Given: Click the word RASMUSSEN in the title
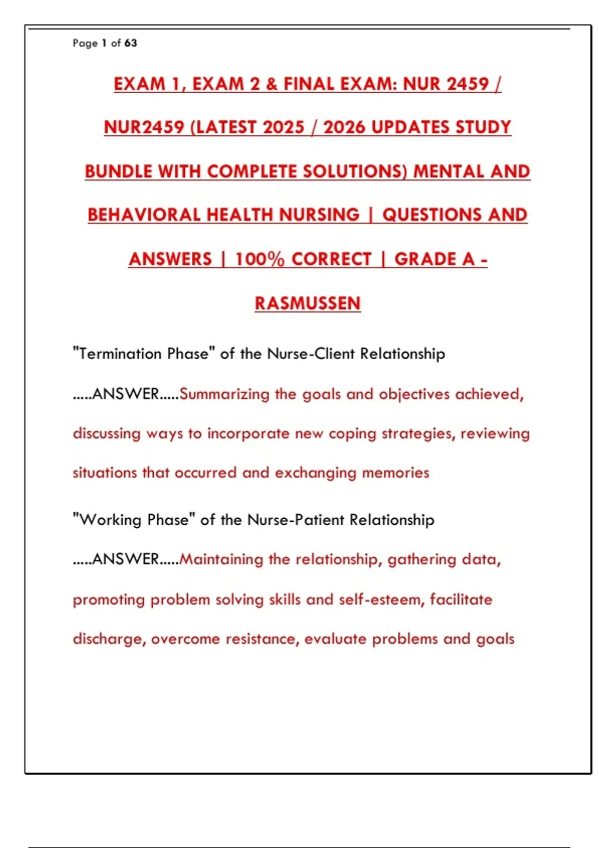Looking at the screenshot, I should point(307,303).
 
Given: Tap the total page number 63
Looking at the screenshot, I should point(131,43).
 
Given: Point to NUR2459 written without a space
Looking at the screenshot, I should point(144,127).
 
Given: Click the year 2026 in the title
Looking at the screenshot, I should point(345,127).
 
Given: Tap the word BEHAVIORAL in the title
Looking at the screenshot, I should point(144,215).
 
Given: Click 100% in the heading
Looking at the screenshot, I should point(259,259).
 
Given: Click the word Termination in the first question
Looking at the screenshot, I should point(120,354).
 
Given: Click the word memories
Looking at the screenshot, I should point(395,472).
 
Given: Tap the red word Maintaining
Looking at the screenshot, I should point(221,559).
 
